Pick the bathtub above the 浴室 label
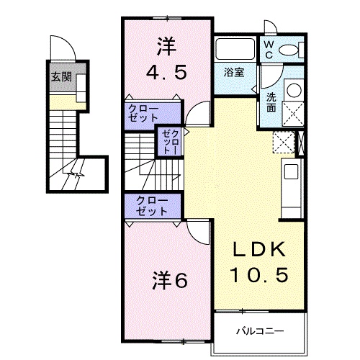point(234,51)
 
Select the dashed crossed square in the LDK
point(284,142)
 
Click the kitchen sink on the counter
point(290,172)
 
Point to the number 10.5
point(260,274)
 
